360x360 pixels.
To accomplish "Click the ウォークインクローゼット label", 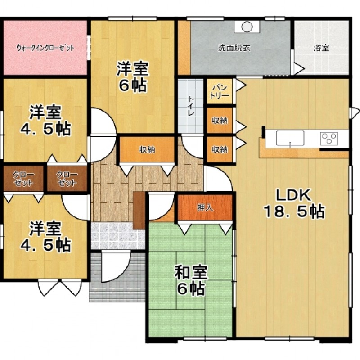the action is pos(45,48).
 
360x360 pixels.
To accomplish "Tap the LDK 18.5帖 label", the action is pos(295,203).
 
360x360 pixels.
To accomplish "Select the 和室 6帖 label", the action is pos(191,280).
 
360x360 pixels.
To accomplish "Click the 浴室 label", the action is pos(321,48).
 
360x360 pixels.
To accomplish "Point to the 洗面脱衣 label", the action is pos(234,48).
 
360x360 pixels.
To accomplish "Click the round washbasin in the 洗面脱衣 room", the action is pos(247,27).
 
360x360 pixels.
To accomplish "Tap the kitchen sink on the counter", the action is pos(290,138).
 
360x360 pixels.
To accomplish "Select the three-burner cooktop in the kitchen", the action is pos(329,139).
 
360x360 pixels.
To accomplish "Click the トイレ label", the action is pos(191,106).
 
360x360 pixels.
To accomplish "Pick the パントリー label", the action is pos(220,91).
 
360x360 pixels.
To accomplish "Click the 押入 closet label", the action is pos(205,208).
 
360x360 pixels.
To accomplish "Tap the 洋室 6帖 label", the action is pos(133,76).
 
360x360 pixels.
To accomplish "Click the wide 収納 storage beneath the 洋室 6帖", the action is pos(147,150).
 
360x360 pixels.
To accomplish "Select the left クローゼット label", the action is pos(23,179).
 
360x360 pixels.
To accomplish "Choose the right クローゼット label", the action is pos(67,179).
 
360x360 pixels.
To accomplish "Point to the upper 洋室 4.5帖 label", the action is pos(45,121).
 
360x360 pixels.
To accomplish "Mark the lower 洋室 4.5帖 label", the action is pos(45,237).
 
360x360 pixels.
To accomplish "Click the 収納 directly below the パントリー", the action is pos(220,121).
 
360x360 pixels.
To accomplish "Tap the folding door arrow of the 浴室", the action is pos(299,68).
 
